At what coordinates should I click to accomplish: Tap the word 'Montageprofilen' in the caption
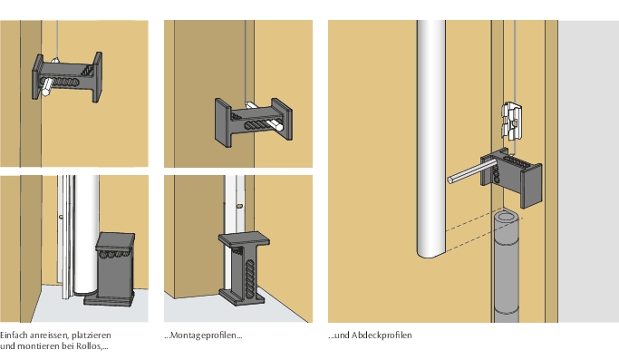coord(203,336)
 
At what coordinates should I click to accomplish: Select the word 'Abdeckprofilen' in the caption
coord(382,336)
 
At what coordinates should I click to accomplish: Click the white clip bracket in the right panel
coord(512,121)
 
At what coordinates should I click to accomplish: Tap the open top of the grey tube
coord(507,218)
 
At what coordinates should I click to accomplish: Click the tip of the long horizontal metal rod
coord(450,180)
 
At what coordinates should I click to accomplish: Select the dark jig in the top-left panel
coord(67,77)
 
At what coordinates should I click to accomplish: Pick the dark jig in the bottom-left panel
coord(110,269)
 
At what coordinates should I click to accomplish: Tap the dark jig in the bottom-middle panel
coord(244,268)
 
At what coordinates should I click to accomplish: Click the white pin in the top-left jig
coord(47,87)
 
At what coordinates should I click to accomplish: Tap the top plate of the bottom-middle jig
coord(245,238)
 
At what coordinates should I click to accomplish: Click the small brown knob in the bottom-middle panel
coord(239,206)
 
